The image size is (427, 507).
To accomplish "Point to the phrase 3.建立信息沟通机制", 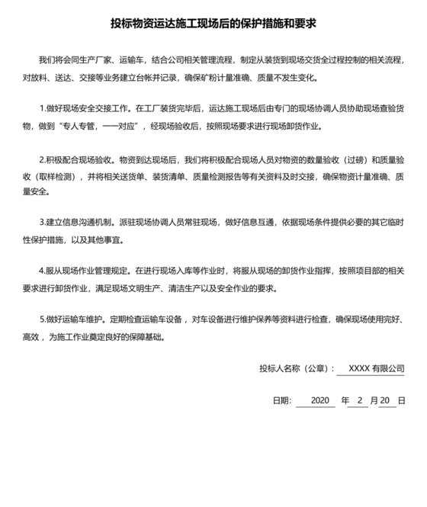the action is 79,223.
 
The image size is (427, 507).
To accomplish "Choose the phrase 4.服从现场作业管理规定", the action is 84,271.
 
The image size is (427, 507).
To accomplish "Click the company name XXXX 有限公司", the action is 376,369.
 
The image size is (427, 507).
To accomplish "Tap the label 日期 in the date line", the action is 280,400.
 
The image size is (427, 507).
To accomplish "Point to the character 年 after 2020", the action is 345,400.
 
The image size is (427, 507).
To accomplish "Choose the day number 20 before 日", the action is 385,400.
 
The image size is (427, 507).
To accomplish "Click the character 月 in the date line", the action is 374,400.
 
